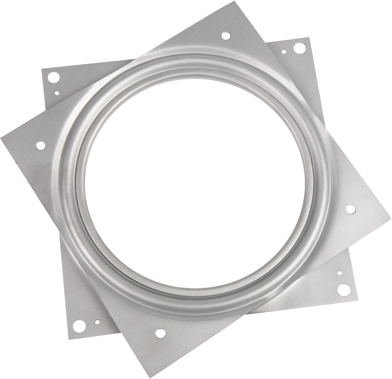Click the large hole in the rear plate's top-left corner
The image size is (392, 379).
click(54, 76)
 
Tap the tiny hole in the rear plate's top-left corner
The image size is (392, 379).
click(57, 93)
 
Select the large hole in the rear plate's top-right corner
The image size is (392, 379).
click(298, 48)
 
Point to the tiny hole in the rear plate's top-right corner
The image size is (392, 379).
click(284, 51)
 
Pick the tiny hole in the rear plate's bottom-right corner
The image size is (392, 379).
click(340, 272)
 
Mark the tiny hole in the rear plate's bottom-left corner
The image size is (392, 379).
click(97, 322)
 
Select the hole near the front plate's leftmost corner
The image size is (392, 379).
click(40, 145)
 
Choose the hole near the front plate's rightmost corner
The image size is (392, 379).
click(351, 209)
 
